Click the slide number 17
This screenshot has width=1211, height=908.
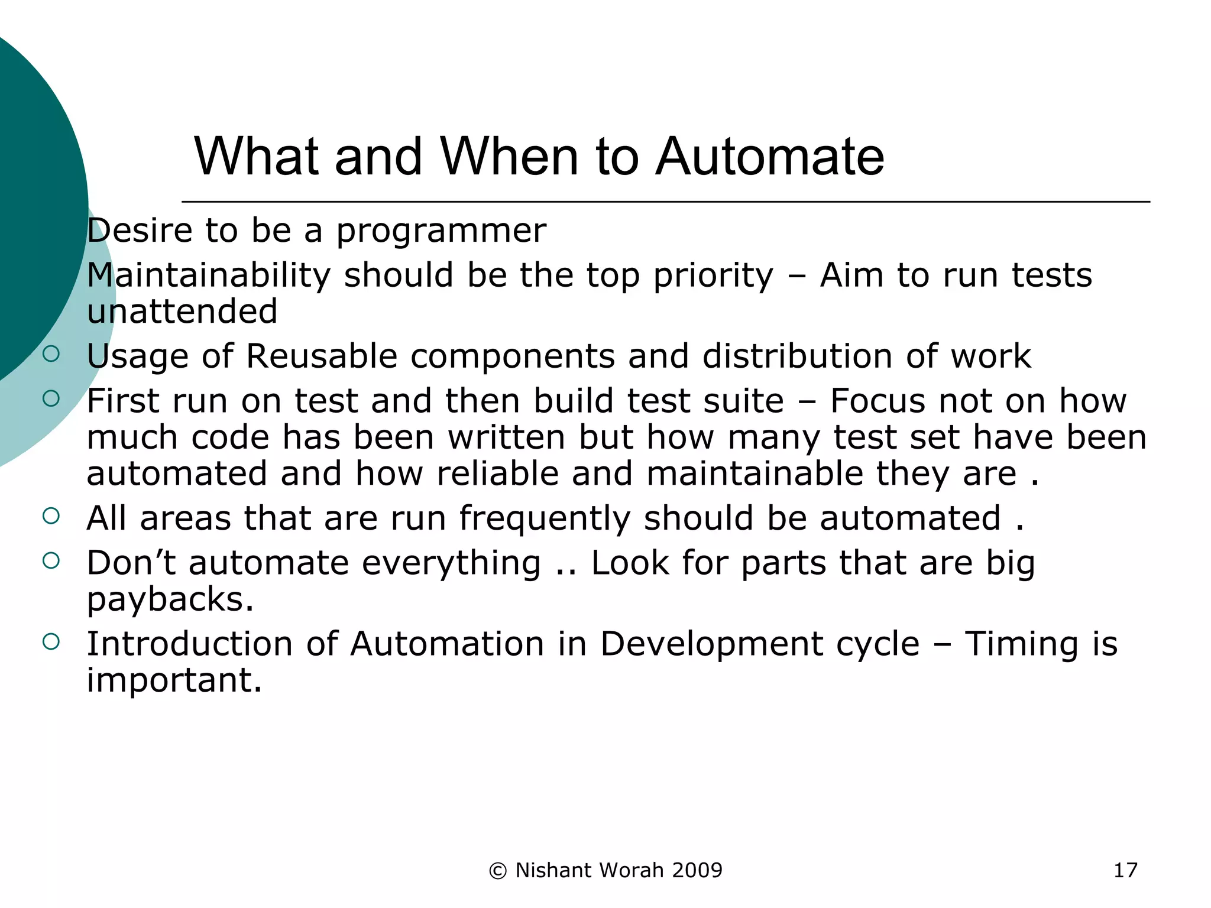1125,870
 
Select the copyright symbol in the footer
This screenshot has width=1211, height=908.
498,871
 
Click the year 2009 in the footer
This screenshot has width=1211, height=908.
697,870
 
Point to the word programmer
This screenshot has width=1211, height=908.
441,231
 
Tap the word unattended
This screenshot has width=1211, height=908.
182,312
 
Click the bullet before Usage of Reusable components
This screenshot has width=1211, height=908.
51,354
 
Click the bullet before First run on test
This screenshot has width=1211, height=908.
51,398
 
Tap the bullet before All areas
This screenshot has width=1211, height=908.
51,515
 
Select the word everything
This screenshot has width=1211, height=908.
451,563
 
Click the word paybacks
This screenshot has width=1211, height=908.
170,599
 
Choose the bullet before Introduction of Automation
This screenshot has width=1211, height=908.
51,641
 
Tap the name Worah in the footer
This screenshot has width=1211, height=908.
632,870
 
